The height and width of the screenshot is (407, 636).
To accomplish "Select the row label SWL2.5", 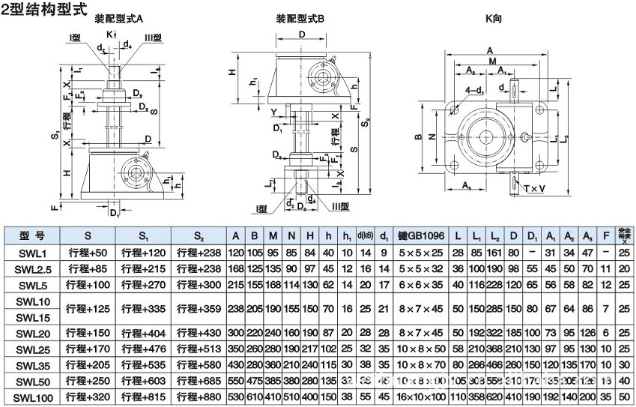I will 31,268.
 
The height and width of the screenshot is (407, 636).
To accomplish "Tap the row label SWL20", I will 31,334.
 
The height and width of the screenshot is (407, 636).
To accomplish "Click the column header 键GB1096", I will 421,235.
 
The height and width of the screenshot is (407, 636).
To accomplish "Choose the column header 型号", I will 31,235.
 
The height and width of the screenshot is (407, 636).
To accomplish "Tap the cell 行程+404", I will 142,334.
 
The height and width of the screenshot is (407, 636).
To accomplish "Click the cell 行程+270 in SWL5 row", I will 142,285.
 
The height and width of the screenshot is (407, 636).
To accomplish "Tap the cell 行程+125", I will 88,309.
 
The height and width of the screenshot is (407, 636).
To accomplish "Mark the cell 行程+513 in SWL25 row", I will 198,350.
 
